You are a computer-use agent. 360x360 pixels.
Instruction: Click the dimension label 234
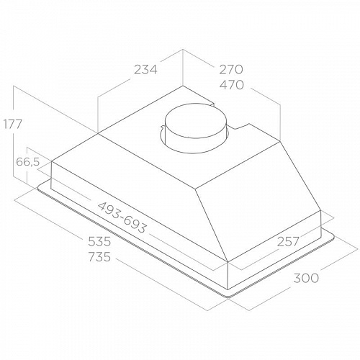(x=145, y=70)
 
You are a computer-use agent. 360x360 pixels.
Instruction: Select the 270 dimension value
(x=231, y=69)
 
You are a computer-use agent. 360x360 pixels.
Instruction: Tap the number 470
(x=232, y=85)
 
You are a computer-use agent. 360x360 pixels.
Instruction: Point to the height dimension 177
(x=13, y=124)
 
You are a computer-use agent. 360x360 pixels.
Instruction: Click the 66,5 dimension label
(x=27, y=162)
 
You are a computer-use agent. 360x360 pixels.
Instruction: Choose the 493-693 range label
(x=122, y=217)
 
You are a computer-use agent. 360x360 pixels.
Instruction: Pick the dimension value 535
(x=99, y=241)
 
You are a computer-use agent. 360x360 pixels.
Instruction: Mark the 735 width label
(x=99, y=257)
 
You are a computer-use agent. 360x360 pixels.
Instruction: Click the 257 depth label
(x=288, y=241)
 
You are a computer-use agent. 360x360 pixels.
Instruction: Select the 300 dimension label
(x=306, y=278)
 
